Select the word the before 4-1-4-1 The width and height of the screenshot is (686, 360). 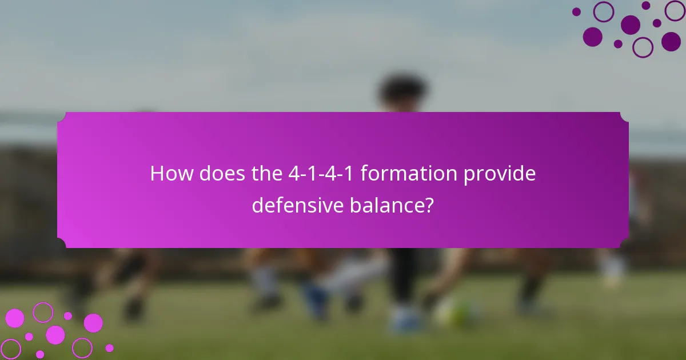pyautogui.click(x=266, y=174)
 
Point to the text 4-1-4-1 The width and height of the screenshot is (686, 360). pyautogui.click(x=322, y=174)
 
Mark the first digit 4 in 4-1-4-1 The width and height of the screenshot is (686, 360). pyautogui.click(x=294, y=174)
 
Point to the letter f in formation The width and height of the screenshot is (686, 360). pyautogui.click(x=364, y=173)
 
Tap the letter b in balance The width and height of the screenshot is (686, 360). pyautogui.click(x=354, y=204)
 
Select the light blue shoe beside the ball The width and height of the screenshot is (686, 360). pyautogui.click(x=406, y=320)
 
